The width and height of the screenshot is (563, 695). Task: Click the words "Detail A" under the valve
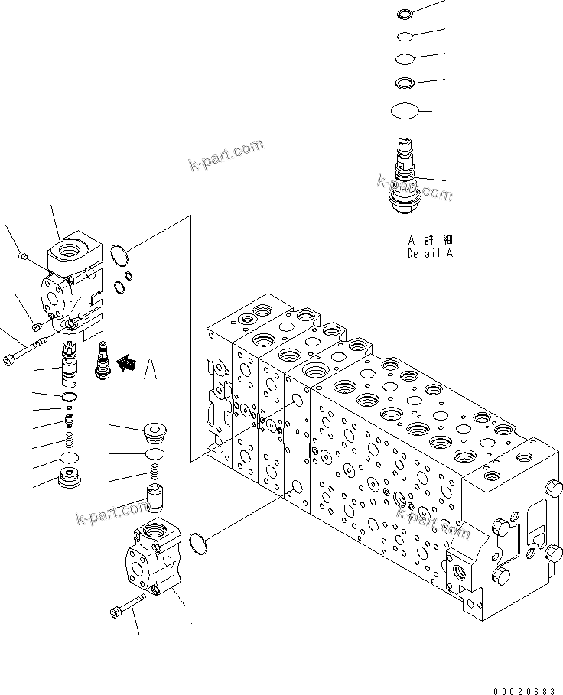(x=430, y=253)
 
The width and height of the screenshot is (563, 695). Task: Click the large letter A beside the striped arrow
(x=151, y=371)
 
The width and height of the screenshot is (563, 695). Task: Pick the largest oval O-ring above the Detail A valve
(x=405, y=112)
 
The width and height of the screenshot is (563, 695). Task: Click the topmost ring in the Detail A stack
(x=405, y=13)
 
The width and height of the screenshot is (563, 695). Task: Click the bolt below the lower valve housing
(x=127, y=607)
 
